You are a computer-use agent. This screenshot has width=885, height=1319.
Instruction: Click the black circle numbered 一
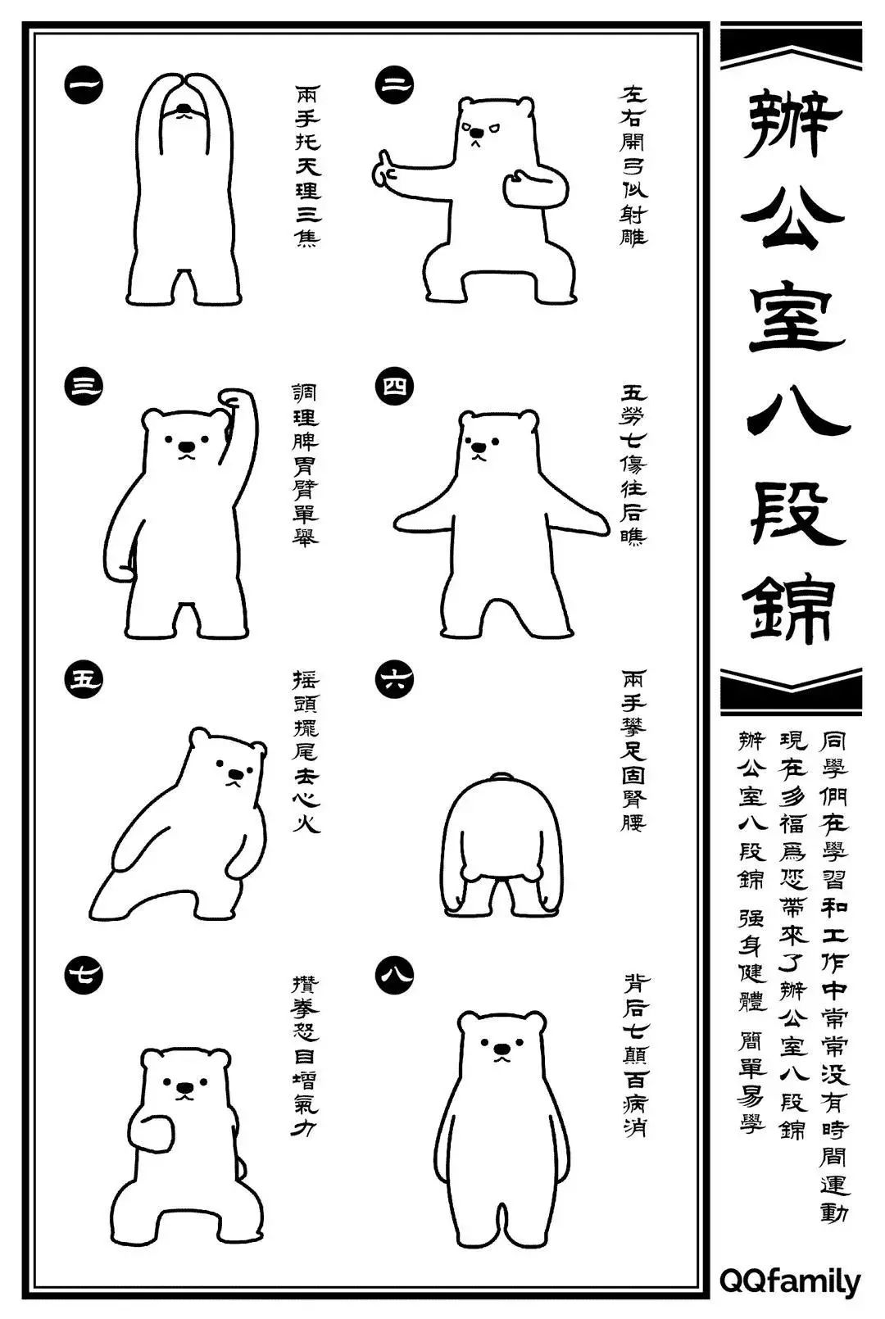84,84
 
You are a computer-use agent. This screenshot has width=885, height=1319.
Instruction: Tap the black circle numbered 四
394,387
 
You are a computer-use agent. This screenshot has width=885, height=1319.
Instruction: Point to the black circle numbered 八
394,974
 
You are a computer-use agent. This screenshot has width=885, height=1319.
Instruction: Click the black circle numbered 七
84,974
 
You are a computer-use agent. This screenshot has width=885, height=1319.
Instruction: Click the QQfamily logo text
790,1280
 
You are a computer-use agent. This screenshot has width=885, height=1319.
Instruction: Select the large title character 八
792,419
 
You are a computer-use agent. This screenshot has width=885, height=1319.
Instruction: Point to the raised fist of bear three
237,399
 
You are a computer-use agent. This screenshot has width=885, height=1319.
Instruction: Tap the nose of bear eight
500,1049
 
